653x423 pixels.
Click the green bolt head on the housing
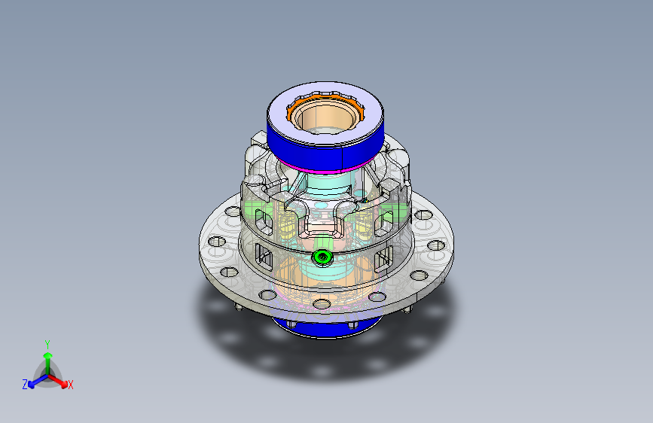coord(322,257)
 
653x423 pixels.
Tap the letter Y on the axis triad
coord(47,345)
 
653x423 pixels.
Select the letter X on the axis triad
coord(70,385)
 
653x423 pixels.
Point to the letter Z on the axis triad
coord(25,385)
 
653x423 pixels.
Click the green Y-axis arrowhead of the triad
coord(48,355)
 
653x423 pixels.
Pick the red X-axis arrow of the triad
coord(58,381)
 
